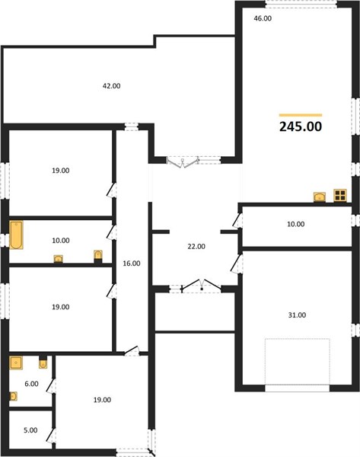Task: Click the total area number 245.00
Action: click(x=301, y=126)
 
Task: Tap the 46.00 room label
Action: click(x=263, y=18)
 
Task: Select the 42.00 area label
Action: click(x=111, y=86)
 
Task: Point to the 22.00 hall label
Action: click(x=196, y=247)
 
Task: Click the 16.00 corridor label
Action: click(x=132, y=264)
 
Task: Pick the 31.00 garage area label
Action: click(x=297, y=315)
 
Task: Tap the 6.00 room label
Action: click(x=31, y=384)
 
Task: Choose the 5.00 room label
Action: click(x=30, y=430)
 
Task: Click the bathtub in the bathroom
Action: click(x=16, y=235)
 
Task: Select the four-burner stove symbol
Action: click(x=340, y=195)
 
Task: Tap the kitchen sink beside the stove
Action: click(x=320, y=197)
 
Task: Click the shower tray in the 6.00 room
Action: click(x=16, y=363)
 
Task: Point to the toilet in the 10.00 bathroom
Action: click(x=98, y=256)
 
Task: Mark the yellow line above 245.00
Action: click(x=301, y=115)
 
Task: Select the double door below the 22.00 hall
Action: click(x=201, y=286)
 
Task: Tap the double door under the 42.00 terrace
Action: click(x=183, y=162)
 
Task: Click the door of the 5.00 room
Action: click(x=51, y=435)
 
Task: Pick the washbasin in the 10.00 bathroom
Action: click(x=59, y=259)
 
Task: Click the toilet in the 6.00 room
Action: click(x=43, y=364)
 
